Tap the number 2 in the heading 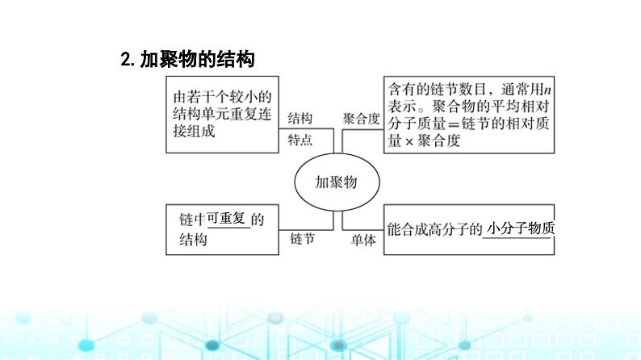pyautogui.click(x=125, y=59)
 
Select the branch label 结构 pyautogui.click(x=300, y=118)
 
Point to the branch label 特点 pyautogui.click(x=300, y=139)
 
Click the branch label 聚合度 pyautogui.click(x=361, y=118)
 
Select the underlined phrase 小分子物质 pyautogui.click(x=522, y=228)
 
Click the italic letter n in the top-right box pyautogui.click(x=549, y=90)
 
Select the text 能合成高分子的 pyautogui.click(x=434, y=228)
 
